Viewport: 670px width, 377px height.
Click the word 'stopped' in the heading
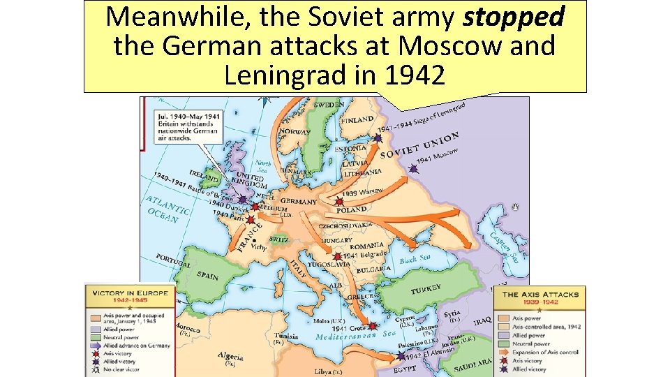click(514, 17)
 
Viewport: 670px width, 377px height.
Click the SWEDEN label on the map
click(328, 105)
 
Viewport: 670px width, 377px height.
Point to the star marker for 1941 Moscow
click(413, 168)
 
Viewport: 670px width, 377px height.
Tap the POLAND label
click(351, 209)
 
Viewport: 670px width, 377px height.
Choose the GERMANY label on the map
click(299, 202)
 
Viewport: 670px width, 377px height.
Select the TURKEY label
click(426, 289)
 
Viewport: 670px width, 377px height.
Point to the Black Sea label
click(415, 258)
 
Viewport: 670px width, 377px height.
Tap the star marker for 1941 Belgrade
click(338, 256)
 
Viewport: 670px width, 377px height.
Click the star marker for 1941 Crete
click(373, 325)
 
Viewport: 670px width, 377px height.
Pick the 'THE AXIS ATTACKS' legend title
click(540, 294)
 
